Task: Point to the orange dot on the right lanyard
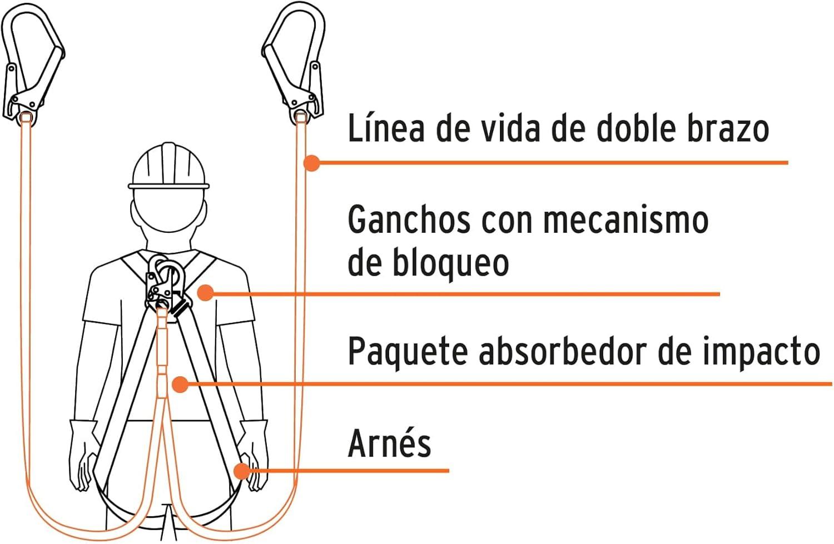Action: tap(311, 163)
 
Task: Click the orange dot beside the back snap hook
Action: tap(206, 293)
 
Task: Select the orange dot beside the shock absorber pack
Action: tap(181, 385)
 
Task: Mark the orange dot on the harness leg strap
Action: tap(242, 471)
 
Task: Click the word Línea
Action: tap(386, 127)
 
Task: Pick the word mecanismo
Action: tap(626, 220)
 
